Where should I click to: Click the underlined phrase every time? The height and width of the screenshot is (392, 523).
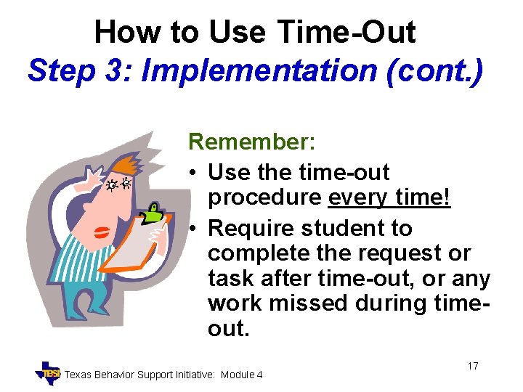pos(389,198)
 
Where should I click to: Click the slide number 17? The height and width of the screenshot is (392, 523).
pos(472,366)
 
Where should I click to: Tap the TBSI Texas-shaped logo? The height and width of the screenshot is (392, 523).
pos(49,372)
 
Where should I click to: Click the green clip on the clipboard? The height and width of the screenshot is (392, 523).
pos(154,213)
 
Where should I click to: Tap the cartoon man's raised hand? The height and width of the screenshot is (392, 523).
pos(97,176)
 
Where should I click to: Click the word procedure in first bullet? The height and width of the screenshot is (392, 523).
pos(264,198)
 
